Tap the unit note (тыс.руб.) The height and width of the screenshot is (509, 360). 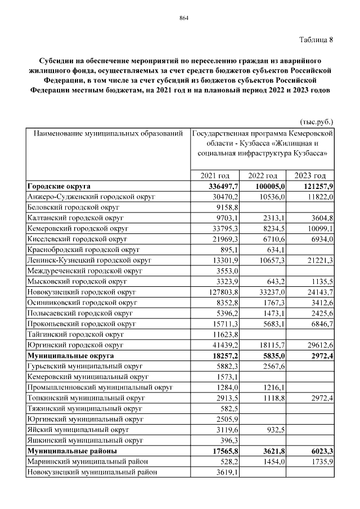[317, 121]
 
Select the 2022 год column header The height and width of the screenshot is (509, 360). [263, 175]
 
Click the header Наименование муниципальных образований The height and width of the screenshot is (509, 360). [109, 134]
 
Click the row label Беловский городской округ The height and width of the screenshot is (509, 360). [77, 207]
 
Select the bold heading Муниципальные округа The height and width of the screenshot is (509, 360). [70, 355]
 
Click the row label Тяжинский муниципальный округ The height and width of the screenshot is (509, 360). [84, 408]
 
